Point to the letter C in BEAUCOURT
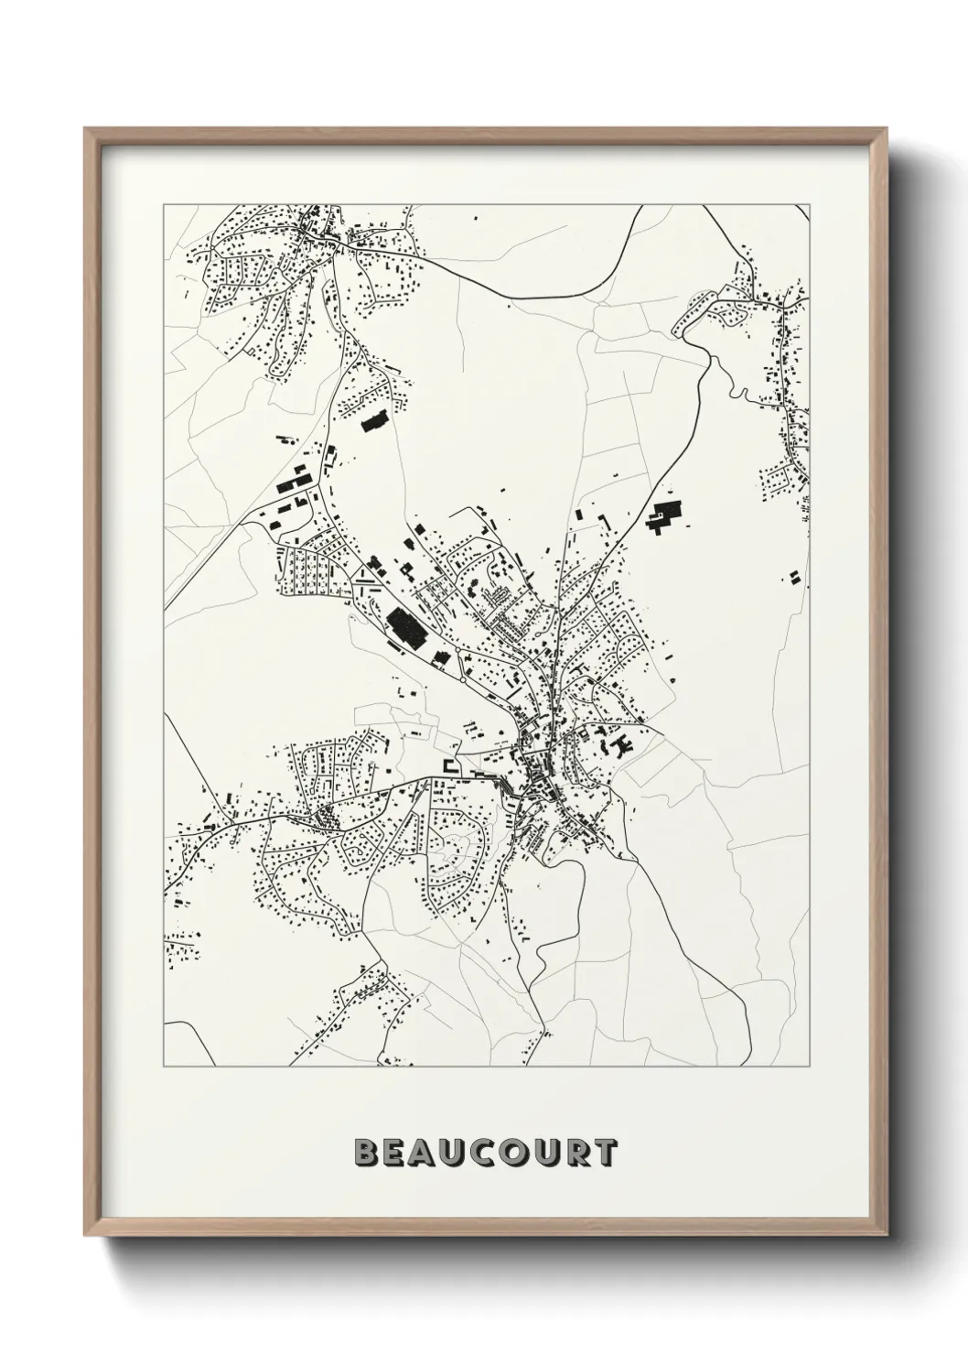pyautogui.click(x=491, y=1153)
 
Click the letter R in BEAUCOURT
pyautogui.click(x=573, y=1153)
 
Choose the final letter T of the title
pyautogui.click(x=604, y=1153)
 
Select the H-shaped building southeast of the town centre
pyautogui.click(x=625, y=746)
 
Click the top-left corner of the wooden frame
pyautogui.click(x=87, y=130)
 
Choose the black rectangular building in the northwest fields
pyautogui.click(x=373, y=422)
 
